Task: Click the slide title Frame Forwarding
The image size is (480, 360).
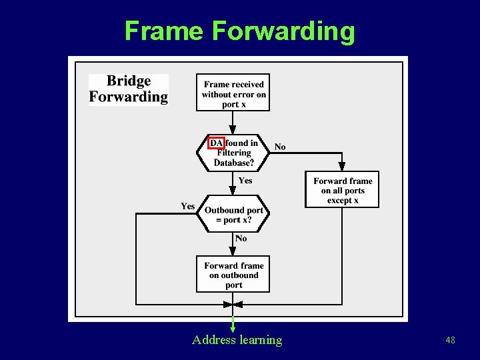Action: pyautogui.click(x=239, y=31)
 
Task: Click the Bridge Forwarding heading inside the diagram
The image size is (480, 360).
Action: pyautogui.click(x=129, y=89)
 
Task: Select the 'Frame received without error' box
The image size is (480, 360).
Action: pyautogui.click(x=233, y=93)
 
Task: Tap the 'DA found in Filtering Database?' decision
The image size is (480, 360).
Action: pyautogui.click(x=233, y=153)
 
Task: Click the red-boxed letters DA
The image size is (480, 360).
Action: pyautogui.click(x=216, y=143)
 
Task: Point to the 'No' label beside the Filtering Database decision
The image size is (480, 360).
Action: pyautogui.click(x=280, y=147)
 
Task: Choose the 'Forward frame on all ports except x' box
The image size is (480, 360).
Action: pyautogui.click(x=342, y=190)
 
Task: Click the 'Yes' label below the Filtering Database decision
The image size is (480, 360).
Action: pyautogui.click(x=245, y=180)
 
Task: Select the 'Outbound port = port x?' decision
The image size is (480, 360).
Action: pyautogui.click(x=233, y=215)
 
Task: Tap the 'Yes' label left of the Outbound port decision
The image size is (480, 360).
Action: pyautogui.click(x=188, y=206)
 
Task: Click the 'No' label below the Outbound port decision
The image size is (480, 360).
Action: pyautogui.click(x=241, y=238)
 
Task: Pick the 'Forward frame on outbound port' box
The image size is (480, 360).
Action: pyautogui.click(x=233, y=275)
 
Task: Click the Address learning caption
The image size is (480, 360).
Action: pyautogui.click(x=237, y=340)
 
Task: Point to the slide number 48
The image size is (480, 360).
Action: pyautogui.click(x=451, y=341)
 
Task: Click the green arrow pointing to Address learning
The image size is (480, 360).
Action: pyautogui.click(x=233, y=320)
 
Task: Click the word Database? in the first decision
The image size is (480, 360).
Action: pyautogui.click(x=233, y=163)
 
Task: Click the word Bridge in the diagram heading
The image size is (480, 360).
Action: pyautogui.click(x=129, y=81)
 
